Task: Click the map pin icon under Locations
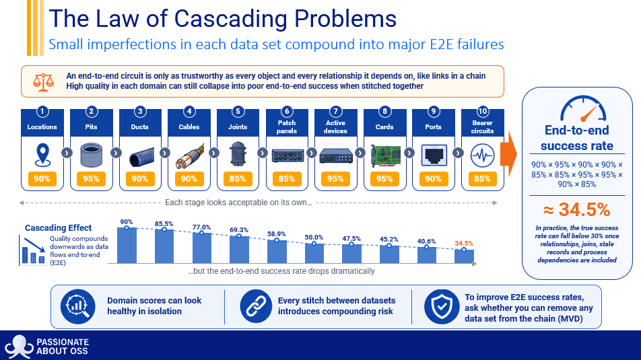point(42,155)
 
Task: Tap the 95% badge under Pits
point(91,179)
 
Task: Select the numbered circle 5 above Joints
point(238,111)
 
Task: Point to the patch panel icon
point(287,155)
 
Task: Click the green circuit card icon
point(385,155)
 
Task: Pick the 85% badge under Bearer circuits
point(482,179)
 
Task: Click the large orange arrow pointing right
point(508,154)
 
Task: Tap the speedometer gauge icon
point(583,109)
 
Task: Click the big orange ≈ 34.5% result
point(577,210)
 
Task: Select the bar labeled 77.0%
point(202,248)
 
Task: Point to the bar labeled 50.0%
point(314,253)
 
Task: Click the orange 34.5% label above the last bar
point(463,243)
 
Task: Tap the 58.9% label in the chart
point(276,233)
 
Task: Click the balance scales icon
point(43,81)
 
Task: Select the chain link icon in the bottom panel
point(256,306)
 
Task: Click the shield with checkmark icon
point(442,306)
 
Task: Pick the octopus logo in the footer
point(18,347)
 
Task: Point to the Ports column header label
point(434,127)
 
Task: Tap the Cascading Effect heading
point(58,227)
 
